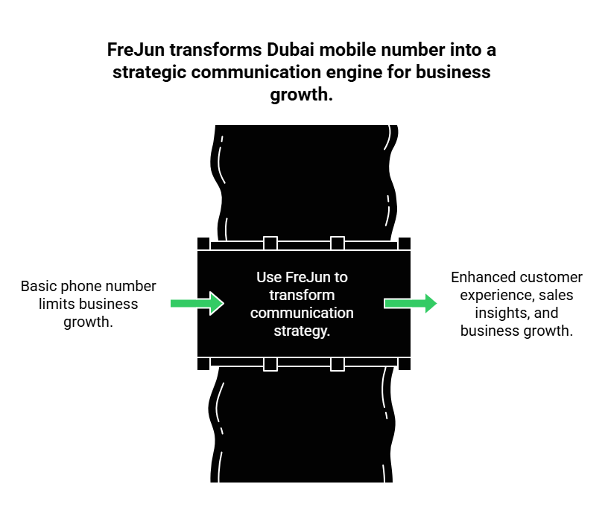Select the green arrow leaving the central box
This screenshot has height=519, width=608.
[x=411, y=303]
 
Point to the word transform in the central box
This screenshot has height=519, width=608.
[x=302, y=295]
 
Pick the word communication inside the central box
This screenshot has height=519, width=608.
[x=302, y=313]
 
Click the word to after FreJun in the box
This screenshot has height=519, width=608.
[x=341, y=277]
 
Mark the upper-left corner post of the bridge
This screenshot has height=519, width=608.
[x=203, y=243]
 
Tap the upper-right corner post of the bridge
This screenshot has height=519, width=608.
[x=405, y=243]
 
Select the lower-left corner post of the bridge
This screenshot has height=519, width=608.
[x=203, y=363]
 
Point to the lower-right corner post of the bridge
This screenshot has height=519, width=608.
[x=405, y=363]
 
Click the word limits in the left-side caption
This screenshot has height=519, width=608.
[x=55, y=303]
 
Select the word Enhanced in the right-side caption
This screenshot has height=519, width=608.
[x=483, y=277]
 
